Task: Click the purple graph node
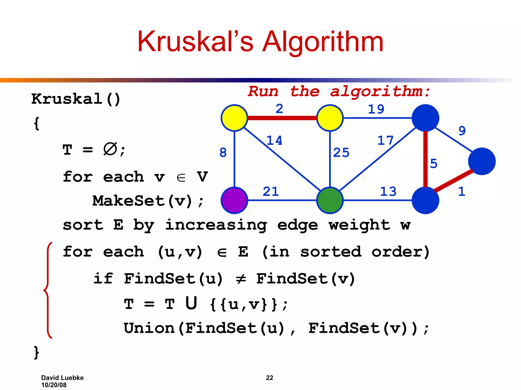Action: click(234, 200)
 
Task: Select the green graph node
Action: click(330, 200)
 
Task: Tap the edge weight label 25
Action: click(341, 153)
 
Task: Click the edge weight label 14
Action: click(274, 140)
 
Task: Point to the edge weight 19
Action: click(376, 109)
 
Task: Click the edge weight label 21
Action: click(271, 191)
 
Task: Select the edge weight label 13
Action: click(388, 191)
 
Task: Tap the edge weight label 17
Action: click(385, 140)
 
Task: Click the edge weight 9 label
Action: click(462, 131)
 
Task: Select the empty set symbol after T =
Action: click(110, 149)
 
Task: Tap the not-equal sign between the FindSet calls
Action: click(241, 279)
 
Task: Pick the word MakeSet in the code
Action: click(128, 201)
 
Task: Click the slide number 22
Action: click(269, 378)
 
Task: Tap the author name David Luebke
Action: click(62, 378)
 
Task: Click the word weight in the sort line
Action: click(359, 225)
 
